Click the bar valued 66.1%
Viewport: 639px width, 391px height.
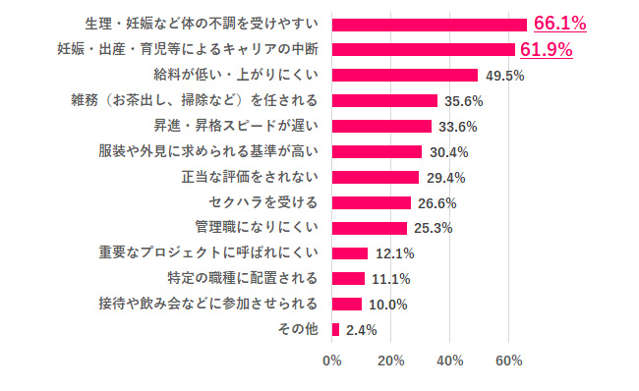coord(430,24)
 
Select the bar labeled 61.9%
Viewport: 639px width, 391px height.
coord(424,49)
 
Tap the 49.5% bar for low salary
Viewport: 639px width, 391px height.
coord(405,75)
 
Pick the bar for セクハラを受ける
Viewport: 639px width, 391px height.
coord(372,202)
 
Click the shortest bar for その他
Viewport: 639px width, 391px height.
coord(336,329)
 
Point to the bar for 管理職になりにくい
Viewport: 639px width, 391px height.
coord(370,228)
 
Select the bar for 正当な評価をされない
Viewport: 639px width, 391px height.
coord(376,177)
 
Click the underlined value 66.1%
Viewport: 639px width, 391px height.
coord(559,24)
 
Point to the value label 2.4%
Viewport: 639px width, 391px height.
coord(362,330)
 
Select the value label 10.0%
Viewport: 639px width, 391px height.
coord(386,305)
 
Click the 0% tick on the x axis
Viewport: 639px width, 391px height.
coord(332,360)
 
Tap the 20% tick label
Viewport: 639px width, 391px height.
coord(391,360)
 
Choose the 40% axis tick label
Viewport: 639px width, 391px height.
coord(450,360)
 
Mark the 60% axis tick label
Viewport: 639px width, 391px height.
coord(509,360)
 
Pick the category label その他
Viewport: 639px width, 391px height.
coord(299,329)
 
